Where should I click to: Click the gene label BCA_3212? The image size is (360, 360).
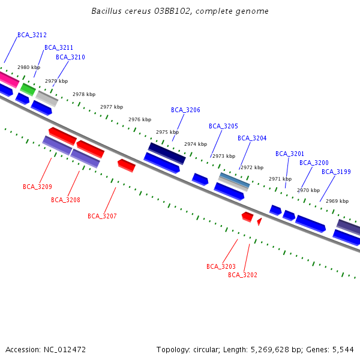pos(32,35)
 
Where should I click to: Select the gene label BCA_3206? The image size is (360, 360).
pos(185,110)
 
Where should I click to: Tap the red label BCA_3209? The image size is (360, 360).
pos(37,187)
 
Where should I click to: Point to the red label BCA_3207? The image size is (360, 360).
pos(102,216)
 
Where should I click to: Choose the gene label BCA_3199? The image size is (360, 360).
pos(336,172)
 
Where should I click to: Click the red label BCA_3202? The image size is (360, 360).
pos(242,275)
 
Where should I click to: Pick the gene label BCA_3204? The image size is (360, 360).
pos(252,138)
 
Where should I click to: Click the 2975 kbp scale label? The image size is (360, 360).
pos(167,132)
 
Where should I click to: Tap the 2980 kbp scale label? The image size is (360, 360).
pos(29,68)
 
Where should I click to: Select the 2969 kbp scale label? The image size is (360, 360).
pos(337,201)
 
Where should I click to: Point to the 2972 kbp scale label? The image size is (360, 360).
pos(252,167)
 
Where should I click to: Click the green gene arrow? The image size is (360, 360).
pos(28,89)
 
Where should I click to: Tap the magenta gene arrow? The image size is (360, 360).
pos(8,79)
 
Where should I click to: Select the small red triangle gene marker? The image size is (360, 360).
pos(259,221)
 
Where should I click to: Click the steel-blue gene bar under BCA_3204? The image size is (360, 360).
pos(234,179)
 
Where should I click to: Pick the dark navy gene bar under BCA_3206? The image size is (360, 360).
pos(167,152)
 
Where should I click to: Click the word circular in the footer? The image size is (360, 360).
pos(204,349)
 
